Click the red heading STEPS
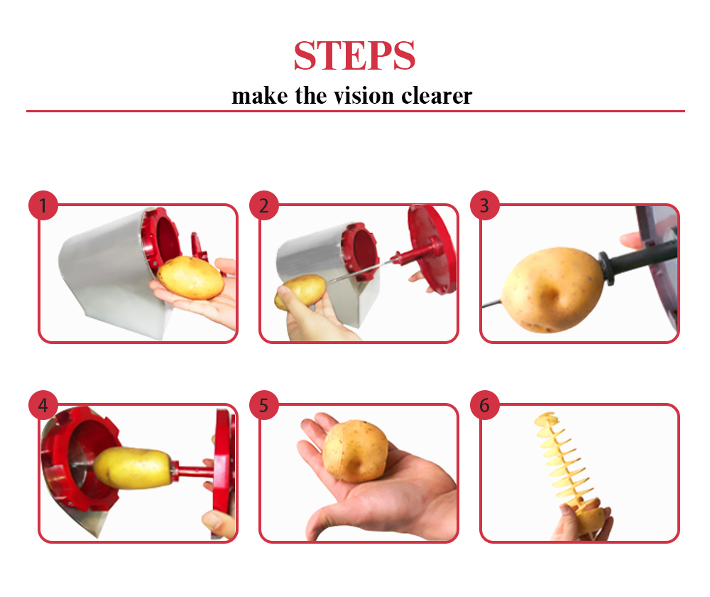[354, 55]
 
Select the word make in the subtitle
[259, 96]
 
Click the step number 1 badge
[43, 205]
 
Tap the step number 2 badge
[264, 205]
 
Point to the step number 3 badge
[484, 205]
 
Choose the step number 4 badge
[43, 405]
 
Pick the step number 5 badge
[264, 405]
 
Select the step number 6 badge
[484, 405]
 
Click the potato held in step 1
[190, 277]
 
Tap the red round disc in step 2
[432, 249]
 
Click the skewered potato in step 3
[552, 289]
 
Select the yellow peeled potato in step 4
[133, 468]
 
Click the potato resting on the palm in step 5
[356, 451]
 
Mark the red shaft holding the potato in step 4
[192, 471]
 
